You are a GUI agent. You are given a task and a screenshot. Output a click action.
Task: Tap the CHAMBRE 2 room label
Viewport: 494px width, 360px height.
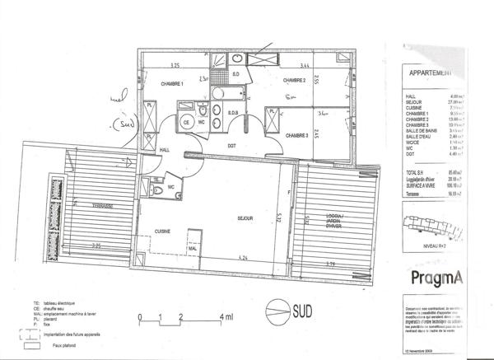(x=295, y=81)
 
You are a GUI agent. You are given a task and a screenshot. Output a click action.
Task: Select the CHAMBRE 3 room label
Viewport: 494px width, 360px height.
(x=296, y=135)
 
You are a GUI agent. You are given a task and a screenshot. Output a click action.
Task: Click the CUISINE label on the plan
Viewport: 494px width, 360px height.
(x=163, y=232)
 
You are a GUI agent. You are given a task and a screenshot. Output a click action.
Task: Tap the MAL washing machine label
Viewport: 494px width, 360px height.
(x=192, y=247)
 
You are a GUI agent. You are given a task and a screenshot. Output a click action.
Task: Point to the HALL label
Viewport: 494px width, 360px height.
(x=165, y=150)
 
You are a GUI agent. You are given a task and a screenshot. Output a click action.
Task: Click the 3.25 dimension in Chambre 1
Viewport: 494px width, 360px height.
(x=175, y=64)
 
